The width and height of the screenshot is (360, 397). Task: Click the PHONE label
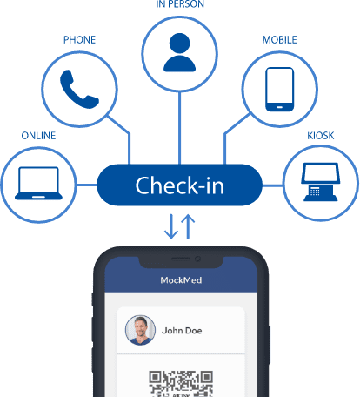(x=79, y=40)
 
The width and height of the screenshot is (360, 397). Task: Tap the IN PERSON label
(x=180, y=4)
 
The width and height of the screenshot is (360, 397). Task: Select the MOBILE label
(x=280, y=40)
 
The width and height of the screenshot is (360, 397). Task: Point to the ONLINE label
(x=38, y=136)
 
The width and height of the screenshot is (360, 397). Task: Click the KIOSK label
(x=321, y=136)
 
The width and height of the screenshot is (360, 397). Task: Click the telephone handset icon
(x=79, y=89)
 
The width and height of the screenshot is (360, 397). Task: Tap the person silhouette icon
(x=180, y=52)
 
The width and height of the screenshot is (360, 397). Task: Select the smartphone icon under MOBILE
(x=280, y=89)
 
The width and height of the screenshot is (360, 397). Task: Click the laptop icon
(x=38, y=183)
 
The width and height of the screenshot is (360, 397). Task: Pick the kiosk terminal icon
(x=321, y=182)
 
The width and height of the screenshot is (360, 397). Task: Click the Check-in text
(x=180, y=185)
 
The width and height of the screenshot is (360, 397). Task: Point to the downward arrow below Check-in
(x=171, y=226)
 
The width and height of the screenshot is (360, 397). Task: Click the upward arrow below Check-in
(x=188, y=226)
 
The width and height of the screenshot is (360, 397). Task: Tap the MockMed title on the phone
(x=181, y=280)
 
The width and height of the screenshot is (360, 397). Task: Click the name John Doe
(x=182, y=331)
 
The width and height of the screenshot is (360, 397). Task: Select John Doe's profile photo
(x=140, y=330)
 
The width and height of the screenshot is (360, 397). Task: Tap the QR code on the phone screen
(x=181, y=384)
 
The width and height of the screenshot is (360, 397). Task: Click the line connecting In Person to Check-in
(x=180, y=128)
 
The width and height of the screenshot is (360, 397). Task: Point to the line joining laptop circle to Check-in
(x=86, y=185)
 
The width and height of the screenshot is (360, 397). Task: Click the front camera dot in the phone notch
(x=198, y=259)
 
